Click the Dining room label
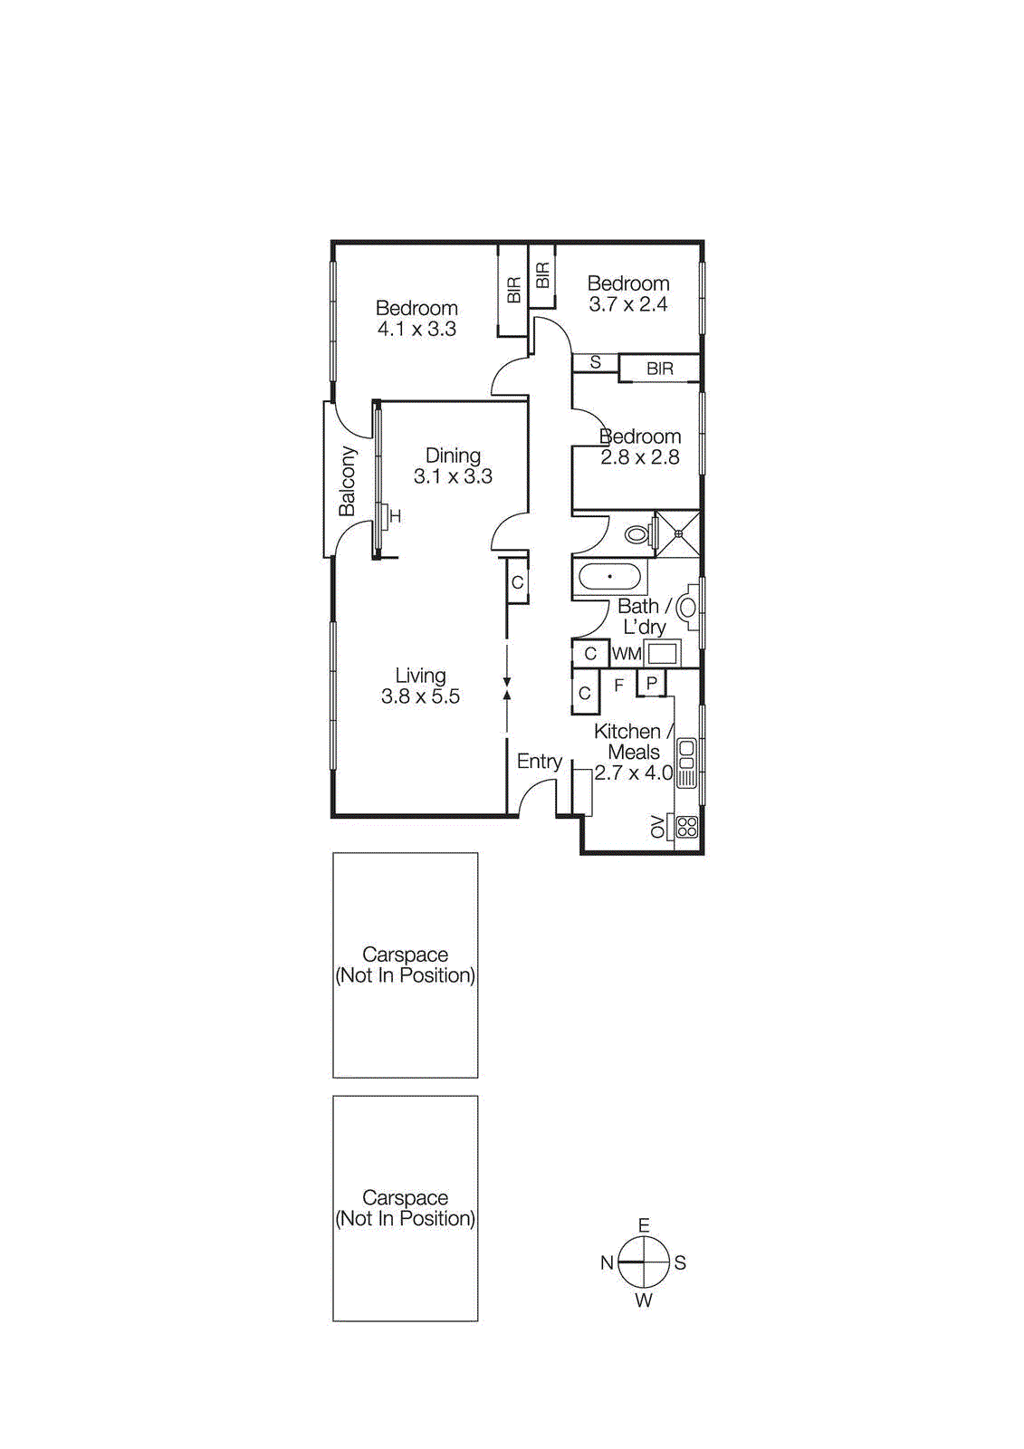click(453, 456)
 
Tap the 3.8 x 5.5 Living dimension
click(420, 696)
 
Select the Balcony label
click(347, 480)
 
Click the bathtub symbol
click(609, 577)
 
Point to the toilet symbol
click(637, 535)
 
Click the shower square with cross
click(677, 533)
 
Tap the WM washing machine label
click(627, 654)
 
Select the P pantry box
click(651, 683)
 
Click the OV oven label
click(657, 826)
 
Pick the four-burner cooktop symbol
click(687, 826)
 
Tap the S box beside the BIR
click(595, 362)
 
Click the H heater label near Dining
click(395, 516)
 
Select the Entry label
click(540, 762)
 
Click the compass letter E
click(644, 1225)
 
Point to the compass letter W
click(644, 1300)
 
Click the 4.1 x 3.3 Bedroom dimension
click(416, 330)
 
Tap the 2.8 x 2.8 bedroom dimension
click(639, 457)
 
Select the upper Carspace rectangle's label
click(405, 964)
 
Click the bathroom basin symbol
click(688, 608)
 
